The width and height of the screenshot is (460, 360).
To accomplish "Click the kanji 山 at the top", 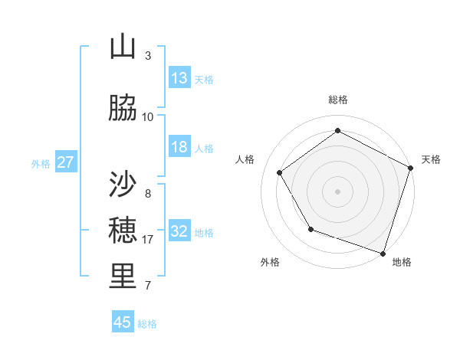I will click(123, 47).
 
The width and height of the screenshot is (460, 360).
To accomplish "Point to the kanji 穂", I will click(123, 230).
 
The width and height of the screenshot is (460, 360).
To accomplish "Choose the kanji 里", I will click(123, 277).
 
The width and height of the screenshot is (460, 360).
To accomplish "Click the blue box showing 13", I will click(179, 78).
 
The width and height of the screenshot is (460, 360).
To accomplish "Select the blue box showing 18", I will click(179, 147).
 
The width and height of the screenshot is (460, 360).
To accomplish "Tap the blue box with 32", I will click(179, 231).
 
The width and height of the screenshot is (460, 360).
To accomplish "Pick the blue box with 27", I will click(66, 162).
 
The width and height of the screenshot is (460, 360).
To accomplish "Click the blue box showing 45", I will click(123, 322).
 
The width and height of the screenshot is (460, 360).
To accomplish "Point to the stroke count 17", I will click(148, 240).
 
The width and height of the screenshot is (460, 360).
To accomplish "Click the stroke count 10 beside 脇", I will click(148, 117).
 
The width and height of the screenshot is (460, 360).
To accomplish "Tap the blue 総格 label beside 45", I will click(147, 324).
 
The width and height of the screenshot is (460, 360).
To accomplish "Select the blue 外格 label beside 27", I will click(41, 164).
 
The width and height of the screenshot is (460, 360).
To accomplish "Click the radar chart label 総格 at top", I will click(338, 100).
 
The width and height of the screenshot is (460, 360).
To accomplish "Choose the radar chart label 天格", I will click(431, 159).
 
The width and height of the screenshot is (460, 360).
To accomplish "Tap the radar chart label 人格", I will click(245, 159).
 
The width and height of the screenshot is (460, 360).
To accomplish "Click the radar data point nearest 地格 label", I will click(383, 253).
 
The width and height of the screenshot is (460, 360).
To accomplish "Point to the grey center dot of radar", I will click(338, 191).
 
